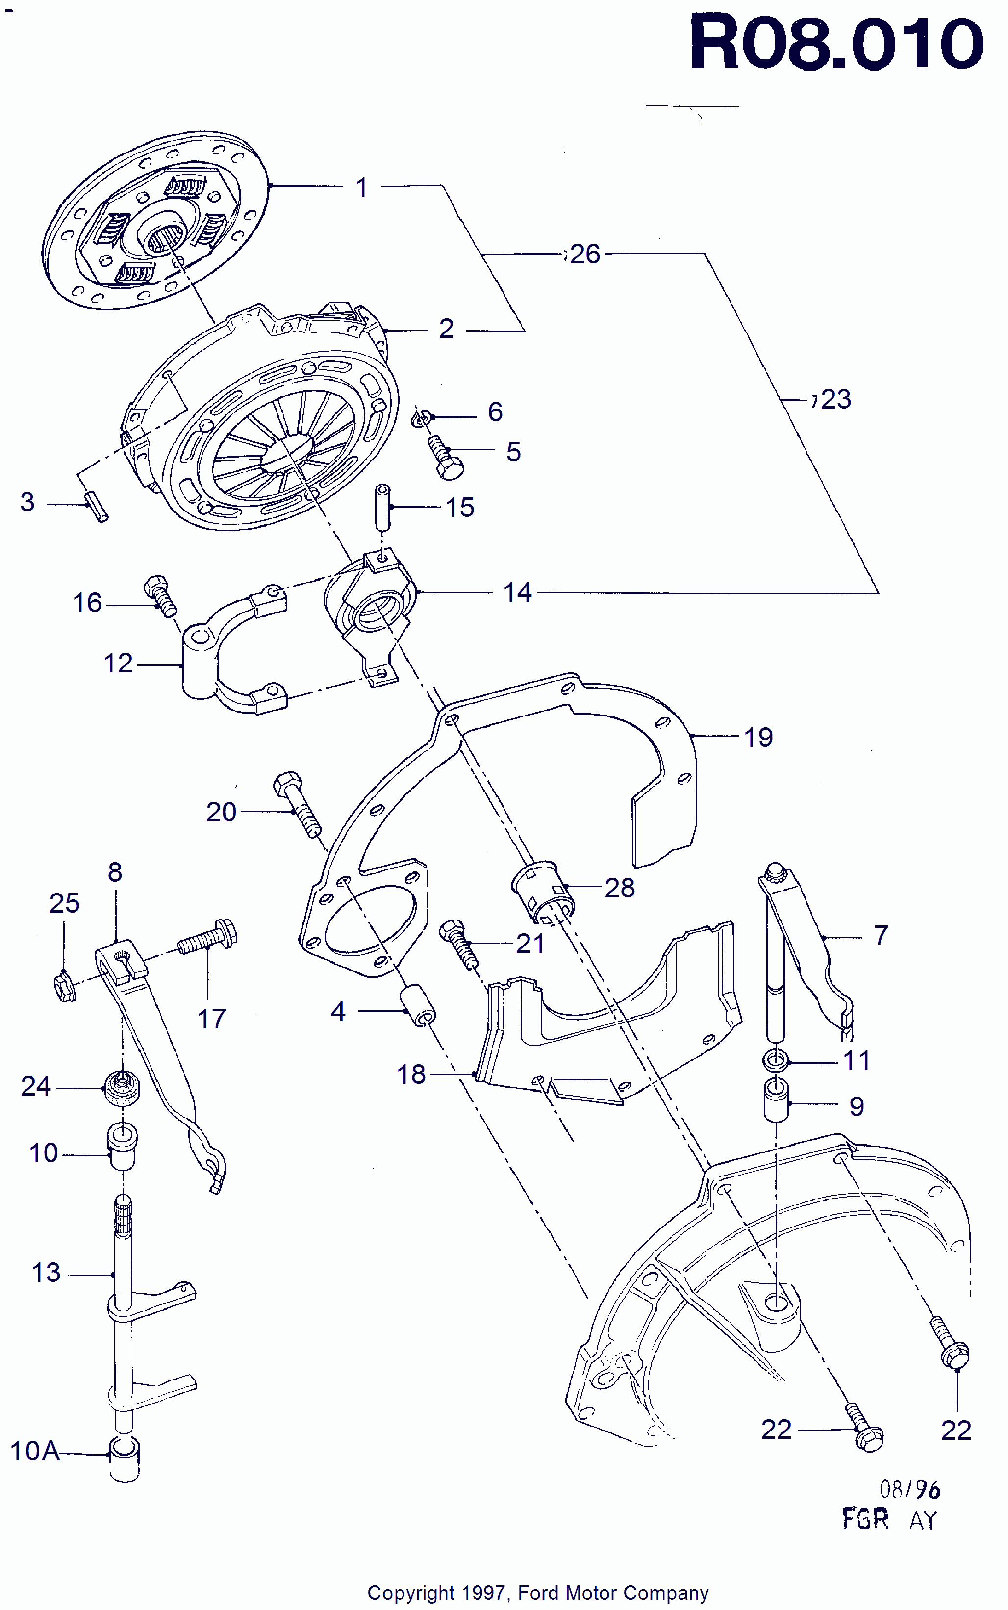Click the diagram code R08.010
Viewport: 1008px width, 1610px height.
pos(836,44)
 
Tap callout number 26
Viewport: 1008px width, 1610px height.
pos(585,254)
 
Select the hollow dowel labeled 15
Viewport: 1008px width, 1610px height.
pos(383,507)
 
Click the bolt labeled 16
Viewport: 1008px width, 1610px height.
pos(160,595)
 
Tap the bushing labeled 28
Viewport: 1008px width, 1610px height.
pos(543,893)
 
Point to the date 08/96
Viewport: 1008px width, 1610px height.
pos(909,1489)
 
